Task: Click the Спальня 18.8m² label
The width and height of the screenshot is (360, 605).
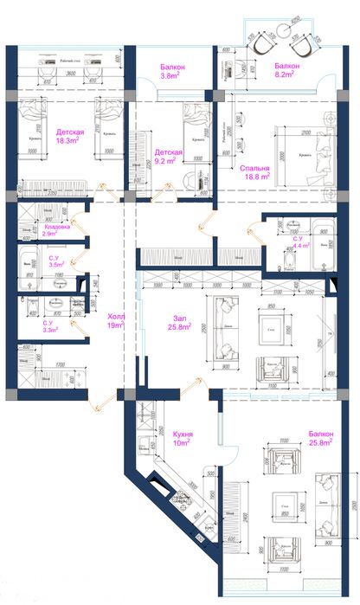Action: [255, 171]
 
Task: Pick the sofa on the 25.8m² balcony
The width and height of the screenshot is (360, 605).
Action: [329, 506]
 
